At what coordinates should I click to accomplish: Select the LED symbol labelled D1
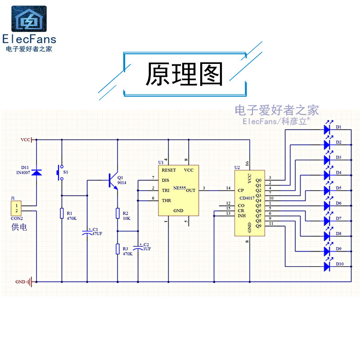[327, 129]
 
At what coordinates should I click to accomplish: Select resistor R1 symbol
[62, 213]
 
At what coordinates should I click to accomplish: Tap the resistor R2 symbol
[117, 213]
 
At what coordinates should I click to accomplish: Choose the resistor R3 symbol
[117, 248]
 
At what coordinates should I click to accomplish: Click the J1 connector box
[16, 208]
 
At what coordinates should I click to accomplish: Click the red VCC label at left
[26, 140]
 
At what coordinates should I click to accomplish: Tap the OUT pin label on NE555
[191, 190]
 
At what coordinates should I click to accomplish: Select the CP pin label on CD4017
[241, 190]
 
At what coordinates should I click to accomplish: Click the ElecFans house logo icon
[28, 19]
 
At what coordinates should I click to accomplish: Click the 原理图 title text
[184, 75]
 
